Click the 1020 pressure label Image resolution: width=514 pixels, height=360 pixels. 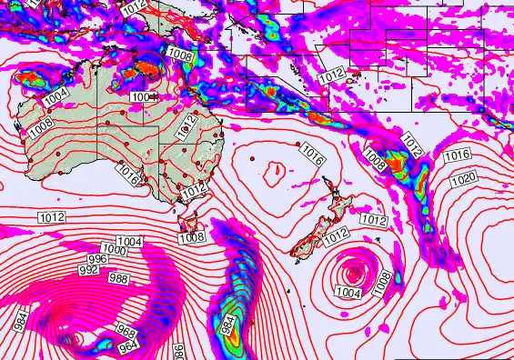point(462,178)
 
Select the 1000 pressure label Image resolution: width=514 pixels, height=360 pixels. point(114,250)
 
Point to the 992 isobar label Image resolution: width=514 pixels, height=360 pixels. point(88,270)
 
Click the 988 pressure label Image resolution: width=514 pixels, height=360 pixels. point(118,279)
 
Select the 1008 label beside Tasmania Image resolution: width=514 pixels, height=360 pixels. point(191,237)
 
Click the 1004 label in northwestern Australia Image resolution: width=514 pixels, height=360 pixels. point(55,94)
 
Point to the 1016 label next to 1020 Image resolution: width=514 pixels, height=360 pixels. point(458,156)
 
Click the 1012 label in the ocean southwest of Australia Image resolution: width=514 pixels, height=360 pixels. point(51,216)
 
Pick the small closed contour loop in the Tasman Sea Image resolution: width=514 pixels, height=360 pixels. point(273,166)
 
